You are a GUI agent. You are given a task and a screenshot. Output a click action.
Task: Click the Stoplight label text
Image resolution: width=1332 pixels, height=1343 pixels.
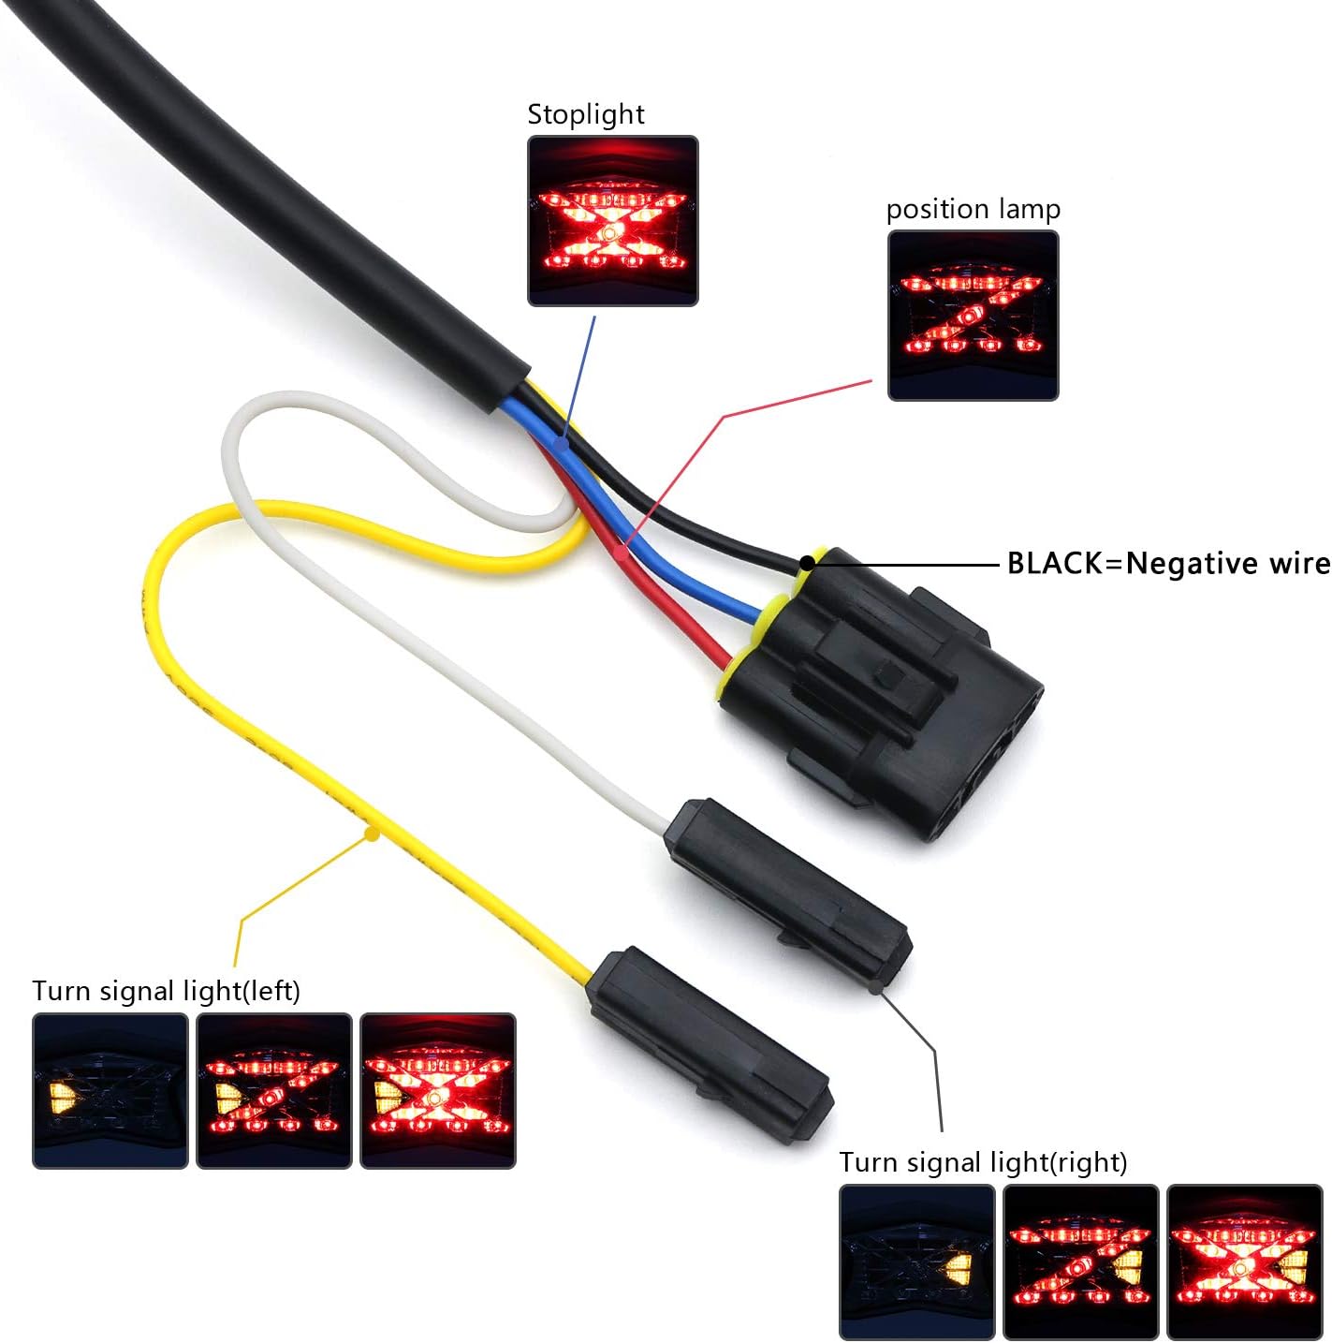pyautogui.click(x=586, y=114)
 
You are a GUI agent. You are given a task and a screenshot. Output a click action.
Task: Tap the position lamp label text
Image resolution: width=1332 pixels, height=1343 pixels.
pyautogui.click(x=973, y=209)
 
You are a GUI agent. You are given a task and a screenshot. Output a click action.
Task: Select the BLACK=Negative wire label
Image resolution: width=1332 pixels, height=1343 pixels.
pyautogui.click(x=1168, y=563)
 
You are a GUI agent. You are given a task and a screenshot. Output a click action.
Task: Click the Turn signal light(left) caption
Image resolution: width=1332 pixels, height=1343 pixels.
pyautogui.click(x=167, y=991)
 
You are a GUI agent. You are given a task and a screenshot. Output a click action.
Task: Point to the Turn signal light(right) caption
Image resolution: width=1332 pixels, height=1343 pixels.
pyautogui.click(x=983, y=1162)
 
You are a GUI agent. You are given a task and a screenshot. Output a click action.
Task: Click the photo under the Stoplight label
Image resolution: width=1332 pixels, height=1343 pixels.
pyautogui.click(x=613, y=221)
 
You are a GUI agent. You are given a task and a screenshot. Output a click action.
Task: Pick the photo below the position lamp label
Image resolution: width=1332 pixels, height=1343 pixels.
pyautogui.click(x=973, y=316)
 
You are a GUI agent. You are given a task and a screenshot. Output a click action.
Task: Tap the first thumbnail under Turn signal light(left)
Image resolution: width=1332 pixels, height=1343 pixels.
pyautogui.click(x=110, y=1091)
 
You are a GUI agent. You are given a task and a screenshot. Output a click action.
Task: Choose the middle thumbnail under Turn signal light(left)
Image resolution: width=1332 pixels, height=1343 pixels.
pyautogui.click(x=274, y=1091)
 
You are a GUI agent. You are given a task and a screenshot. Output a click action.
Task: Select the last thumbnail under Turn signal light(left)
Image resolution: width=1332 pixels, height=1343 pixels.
pyautogui.click(x=438, y=1091)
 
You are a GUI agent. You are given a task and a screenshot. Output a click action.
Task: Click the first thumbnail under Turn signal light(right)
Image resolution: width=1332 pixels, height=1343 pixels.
pyautogui.click(x=917, y=1262)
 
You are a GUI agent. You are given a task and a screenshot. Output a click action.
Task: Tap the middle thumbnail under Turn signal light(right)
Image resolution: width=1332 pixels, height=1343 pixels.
pyautogui.click(x=1081, y=1262)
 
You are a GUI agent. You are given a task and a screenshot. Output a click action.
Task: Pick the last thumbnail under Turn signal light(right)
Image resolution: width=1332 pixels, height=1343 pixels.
pyautogui.click(x=1245, y=1262)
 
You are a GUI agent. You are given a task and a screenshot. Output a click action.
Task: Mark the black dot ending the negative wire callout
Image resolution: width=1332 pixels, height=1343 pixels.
pyautogui.click(x=805, y=564)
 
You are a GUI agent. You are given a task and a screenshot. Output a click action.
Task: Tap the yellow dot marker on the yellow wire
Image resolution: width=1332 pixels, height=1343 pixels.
pyautogui.click(x=372, y=832)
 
